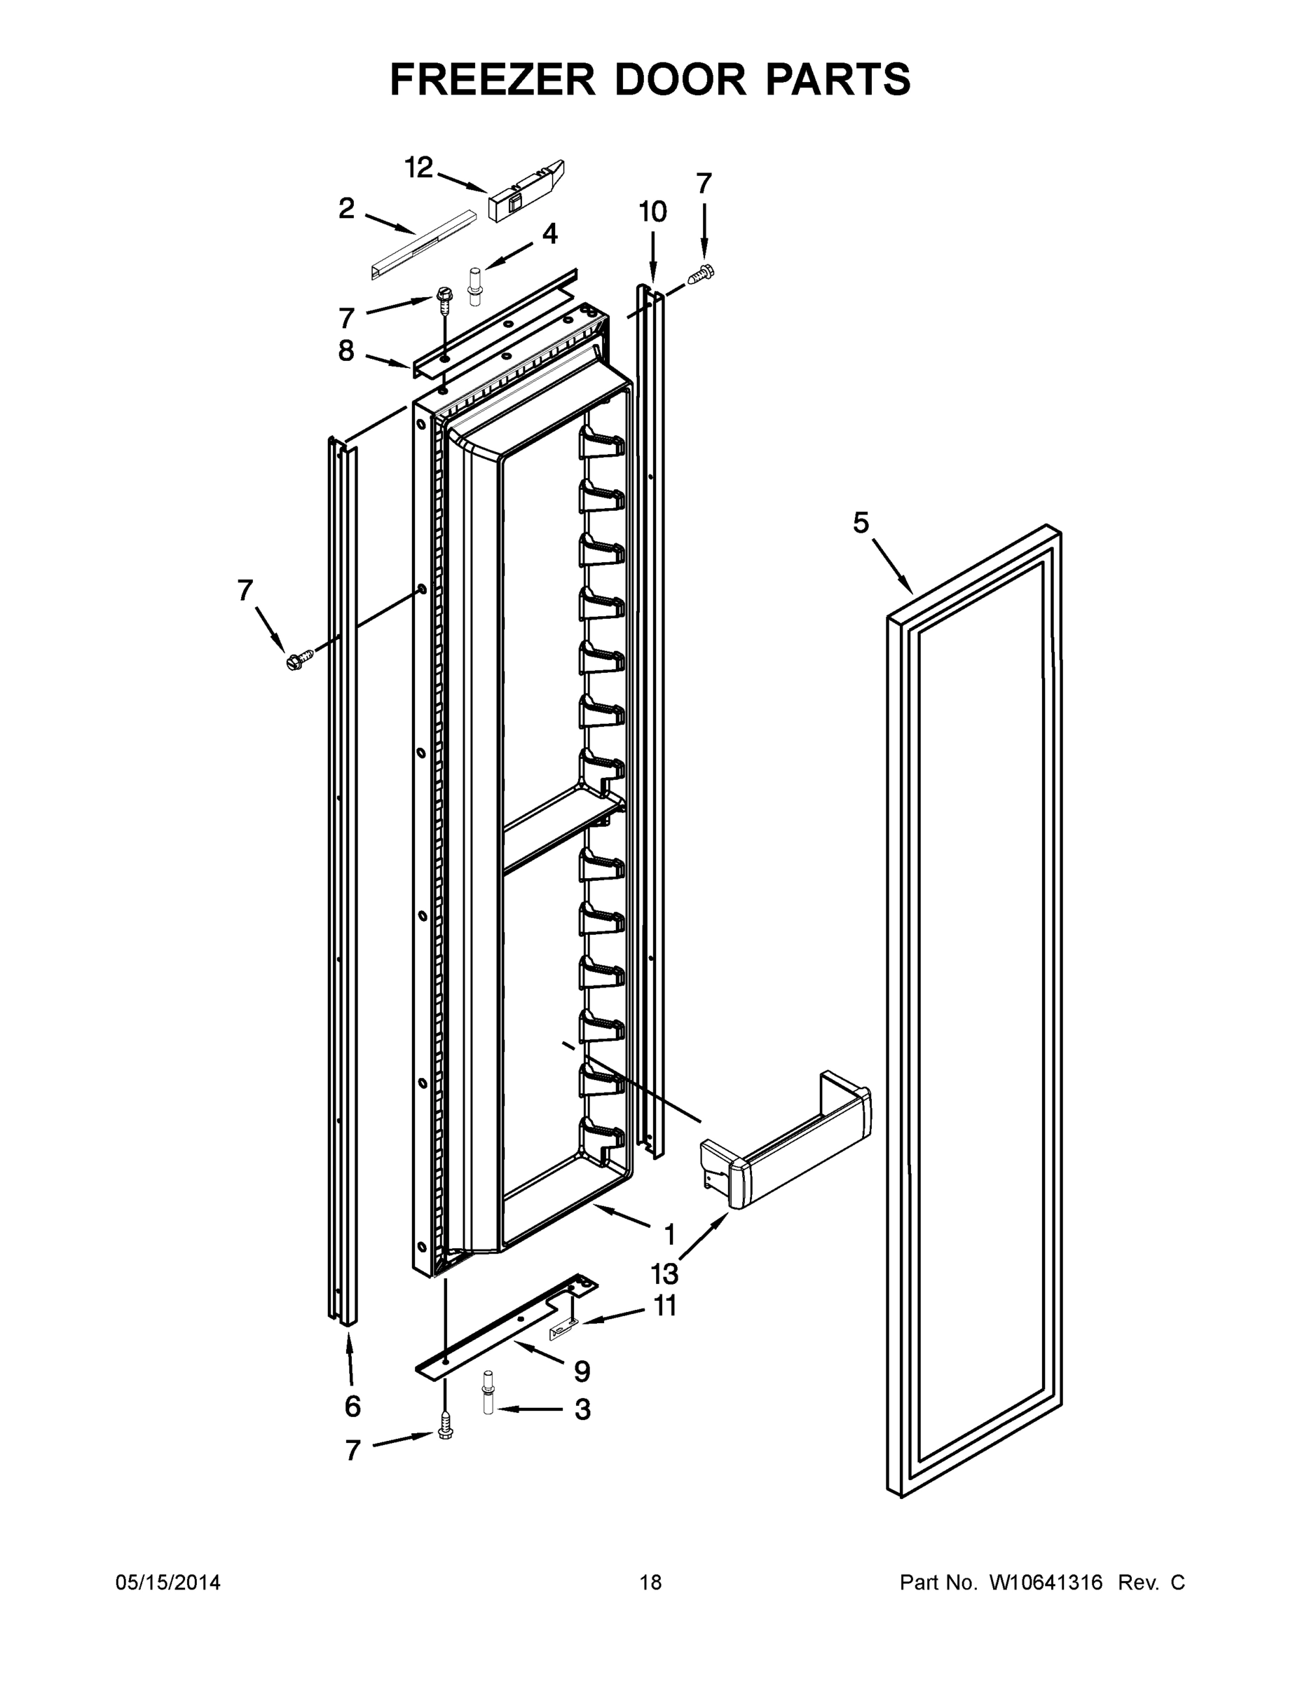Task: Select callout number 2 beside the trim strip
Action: (x=347, y=208)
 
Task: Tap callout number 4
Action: (x=550, y=233)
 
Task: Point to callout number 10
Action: (x=653, y=212)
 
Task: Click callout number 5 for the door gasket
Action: (x=861, y=523)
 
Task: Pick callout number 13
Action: (x=664, y=1275)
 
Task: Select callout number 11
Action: (x=664, y=1306)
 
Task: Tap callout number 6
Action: (x=352, y=1407)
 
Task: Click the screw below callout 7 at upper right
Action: (x=702, y=273)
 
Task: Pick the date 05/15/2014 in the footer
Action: (x=168, y=1582)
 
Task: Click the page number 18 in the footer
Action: (x=650, y=1582)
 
